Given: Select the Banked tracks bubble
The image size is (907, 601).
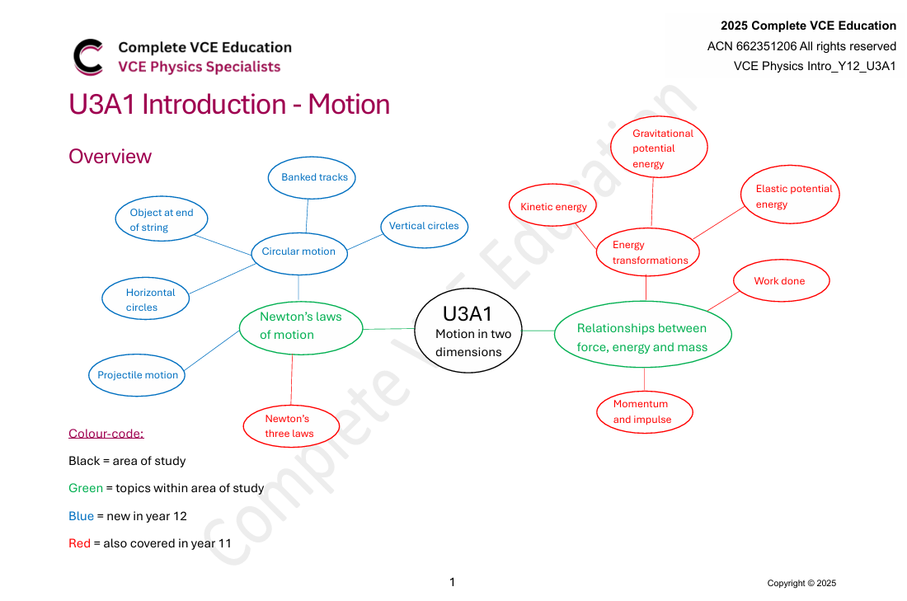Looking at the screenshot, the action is tap(314, 177).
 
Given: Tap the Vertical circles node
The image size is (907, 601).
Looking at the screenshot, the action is tap(424, 226).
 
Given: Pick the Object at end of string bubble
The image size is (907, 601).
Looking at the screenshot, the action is tap(162, 220).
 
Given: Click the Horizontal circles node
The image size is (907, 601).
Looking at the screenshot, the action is tap(146, 299).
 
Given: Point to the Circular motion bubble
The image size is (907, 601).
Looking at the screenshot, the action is tap(298, 251).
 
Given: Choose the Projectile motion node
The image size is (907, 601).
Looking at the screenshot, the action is tap(138, 375).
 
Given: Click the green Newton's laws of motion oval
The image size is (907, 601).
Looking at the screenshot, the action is tap(300, 326).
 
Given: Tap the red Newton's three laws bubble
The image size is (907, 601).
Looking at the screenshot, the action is tap(290, 425).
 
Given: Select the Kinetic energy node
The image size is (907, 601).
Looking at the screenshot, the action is tap(553, 207).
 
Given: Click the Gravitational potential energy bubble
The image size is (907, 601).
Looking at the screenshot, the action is tap(659, 148).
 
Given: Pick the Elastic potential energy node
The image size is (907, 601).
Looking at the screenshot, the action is tap(790, 196).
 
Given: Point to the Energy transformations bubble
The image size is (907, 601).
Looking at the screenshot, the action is tap(648, 252).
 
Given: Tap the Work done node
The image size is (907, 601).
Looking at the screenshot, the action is tap(779, 281).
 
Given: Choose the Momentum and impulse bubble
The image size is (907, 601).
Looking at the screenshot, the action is tap(644, 411).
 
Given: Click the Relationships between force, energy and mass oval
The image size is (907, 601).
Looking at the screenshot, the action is tap(642, 337).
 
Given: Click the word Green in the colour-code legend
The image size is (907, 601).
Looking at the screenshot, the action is tap(86, 488).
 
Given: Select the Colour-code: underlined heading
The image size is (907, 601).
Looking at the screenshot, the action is tap(106, 434).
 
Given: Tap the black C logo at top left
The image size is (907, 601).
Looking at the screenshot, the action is tap(88, 57).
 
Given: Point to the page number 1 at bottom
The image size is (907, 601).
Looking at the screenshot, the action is tap(452, 582).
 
